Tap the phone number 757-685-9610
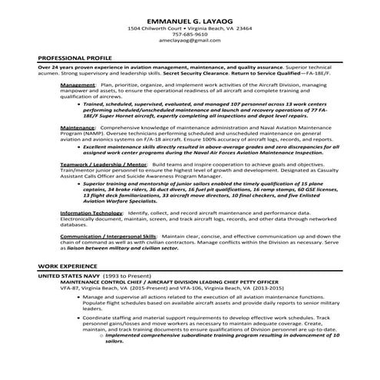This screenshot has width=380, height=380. coord(190,34)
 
